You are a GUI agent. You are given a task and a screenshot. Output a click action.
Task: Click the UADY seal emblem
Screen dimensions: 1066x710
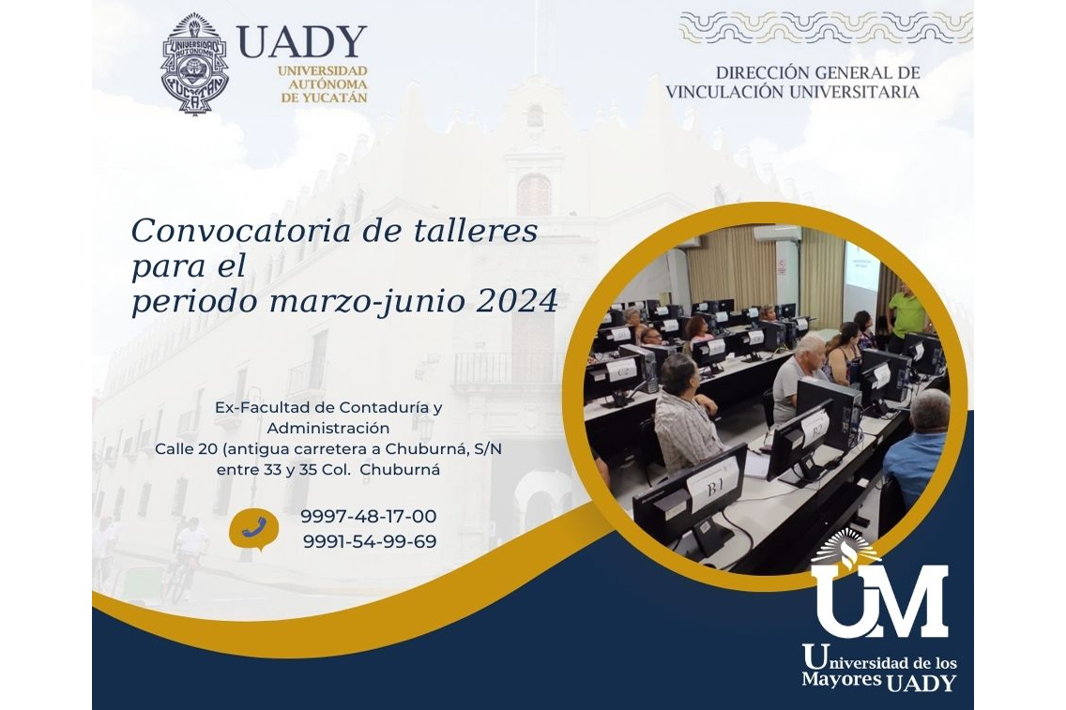coord(194,64)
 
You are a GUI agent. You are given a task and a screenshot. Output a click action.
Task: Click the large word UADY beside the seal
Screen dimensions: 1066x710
coord(302,42)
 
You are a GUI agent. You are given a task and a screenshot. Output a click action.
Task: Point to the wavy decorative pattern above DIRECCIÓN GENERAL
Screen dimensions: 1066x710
coord(826,27)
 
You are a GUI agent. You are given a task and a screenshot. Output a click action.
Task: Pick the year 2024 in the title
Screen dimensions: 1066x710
coord(517,301)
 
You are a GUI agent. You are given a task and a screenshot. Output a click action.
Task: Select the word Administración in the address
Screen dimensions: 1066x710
coord(328,429)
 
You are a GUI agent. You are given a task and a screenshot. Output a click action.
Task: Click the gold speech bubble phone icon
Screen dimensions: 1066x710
coord(253,528)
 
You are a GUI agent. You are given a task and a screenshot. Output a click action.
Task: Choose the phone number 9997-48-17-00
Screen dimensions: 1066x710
coord(369,517)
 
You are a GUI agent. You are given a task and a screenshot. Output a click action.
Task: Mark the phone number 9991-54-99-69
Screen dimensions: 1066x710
coord(370,541)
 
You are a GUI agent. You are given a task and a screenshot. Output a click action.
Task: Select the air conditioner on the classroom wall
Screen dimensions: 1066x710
coord(776,234)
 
